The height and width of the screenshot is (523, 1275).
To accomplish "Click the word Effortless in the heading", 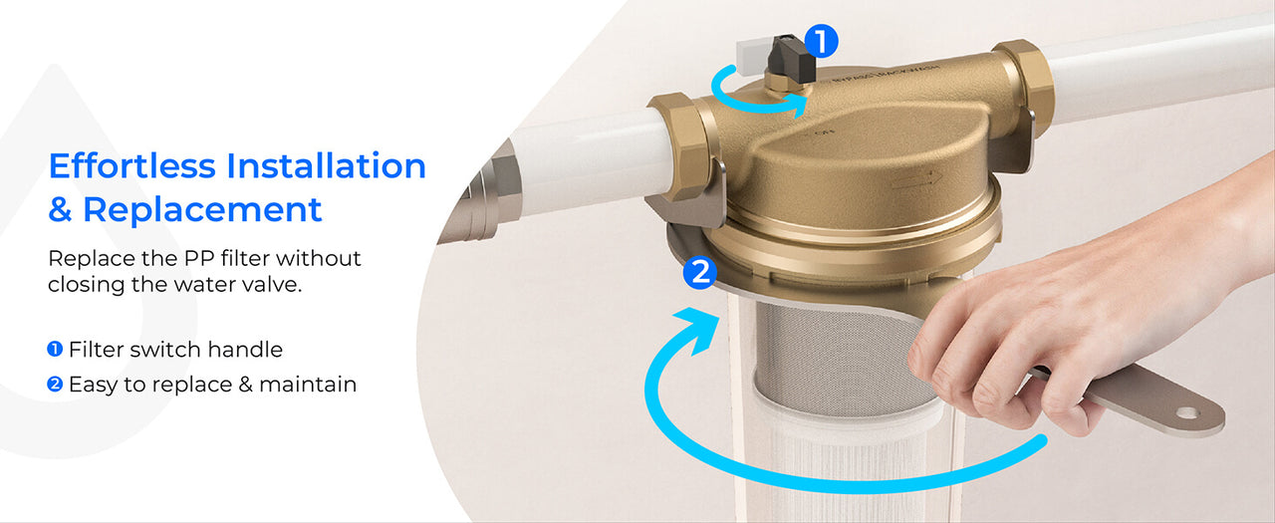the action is [132, 166].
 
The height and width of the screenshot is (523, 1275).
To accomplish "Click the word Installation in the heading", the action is [326, 166].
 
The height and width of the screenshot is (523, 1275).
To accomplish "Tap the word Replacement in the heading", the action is [202, 209].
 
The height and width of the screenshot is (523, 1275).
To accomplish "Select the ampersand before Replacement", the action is [60, 209].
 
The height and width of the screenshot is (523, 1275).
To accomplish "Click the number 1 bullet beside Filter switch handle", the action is [55, 349].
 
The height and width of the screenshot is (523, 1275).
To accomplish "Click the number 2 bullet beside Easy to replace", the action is [55, 385].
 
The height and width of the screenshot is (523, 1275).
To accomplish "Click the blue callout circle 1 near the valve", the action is [821, 41].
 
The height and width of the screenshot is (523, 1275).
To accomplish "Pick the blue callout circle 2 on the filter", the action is [700, 273].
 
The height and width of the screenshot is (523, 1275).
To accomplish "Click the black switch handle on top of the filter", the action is [791, 56].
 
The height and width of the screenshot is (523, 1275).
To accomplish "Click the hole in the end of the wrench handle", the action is [1187, 412].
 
